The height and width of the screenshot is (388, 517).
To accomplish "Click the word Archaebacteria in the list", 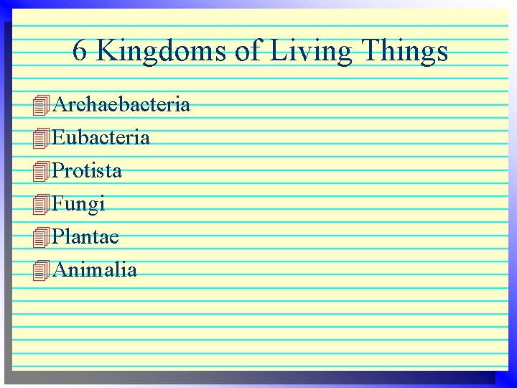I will [x=122, y=105].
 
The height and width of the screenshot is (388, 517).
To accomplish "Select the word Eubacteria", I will [x=101, y=137].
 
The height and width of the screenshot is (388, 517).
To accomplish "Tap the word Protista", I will [x=88, y=171].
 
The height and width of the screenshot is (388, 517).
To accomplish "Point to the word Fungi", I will [x=79, y=205].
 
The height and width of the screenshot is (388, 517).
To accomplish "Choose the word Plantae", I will [x=86, y=236].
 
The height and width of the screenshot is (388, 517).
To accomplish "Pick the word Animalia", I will [x=95, y=269].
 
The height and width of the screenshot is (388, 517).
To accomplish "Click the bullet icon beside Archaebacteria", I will [x=42, y=106].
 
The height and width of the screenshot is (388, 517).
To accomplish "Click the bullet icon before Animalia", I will [x=42, y=271].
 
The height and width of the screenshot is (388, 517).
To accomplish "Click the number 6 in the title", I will [x=80, y=51].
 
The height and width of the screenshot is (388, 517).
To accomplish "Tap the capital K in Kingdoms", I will [x=105, y=51].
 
